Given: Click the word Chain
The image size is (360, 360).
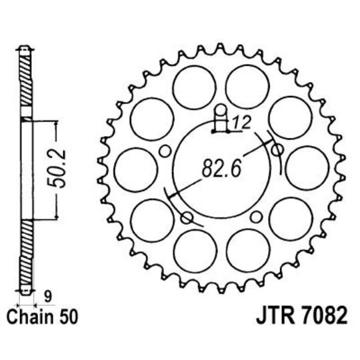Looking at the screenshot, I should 30,313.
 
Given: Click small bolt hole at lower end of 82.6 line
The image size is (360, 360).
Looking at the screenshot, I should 187,217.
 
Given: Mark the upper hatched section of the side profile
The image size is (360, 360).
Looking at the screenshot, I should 25,87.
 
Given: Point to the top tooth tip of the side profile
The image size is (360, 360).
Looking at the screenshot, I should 25,49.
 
